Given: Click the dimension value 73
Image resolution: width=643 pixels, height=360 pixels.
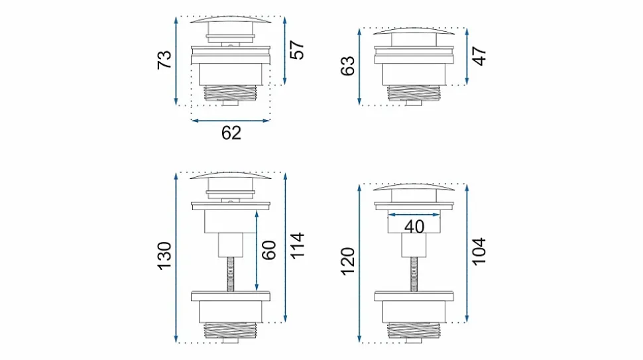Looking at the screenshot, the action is (x=164, y=60).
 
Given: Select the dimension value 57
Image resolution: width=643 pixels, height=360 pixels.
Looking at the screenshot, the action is (x=297, y=50).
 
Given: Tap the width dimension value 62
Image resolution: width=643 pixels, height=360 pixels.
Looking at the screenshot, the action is (x=231, y=133).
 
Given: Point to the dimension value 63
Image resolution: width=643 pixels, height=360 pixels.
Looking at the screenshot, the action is (x=348, y=66).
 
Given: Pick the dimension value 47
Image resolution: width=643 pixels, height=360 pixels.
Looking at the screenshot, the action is (x=479, y=56).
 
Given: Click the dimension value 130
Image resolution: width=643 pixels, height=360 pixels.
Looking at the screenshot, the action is (x=164, y=256).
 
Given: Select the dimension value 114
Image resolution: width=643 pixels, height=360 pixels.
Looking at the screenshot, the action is (x=298, y=245).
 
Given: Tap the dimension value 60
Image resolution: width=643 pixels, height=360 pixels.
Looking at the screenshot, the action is (x=268, y=251).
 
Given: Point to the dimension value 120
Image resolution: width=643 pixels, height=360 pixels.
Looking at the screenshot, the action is (x=348, y=262).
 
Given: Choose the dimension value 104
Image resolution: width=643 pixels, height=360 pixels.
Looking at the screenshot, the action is (x=479, y=251).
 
